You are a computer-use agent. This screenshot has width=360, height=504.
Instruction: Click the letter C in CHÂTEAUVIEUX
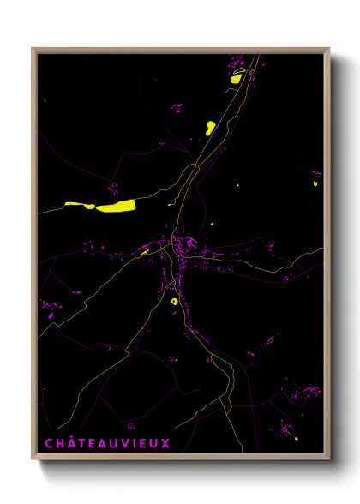click(48, 443)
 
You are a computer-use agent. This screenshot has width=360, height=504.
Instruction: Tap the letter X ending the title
click(165, 443)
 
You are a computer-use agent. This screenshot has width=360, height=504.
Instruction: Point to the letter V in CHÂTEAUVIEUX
click(122, 443)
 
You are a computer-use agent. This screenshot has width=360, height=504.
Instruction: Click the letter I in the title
click(132, 443)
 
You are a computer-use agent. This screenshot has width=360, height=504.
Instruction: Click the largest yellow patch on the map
click(117, 206)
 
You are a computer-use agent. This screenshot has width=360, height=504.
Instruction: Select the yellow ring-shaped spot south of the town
click(174, 301)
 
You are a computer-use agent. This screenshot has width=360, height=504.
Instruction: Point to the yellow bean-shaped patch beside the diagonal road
click(210, 129)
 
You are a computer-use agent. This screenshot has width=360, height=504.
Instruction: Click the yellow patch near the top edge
click(237, 78)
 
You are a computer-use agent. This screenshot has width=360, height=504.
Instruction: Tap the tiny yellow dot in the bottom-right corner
click(296, 439)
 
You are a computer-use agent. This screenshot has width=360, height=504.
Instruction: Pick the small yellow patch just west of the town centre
click(145, 252)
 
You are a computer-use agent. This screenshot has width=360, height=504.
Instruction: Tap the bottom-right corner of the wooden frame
click(329, 460)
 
